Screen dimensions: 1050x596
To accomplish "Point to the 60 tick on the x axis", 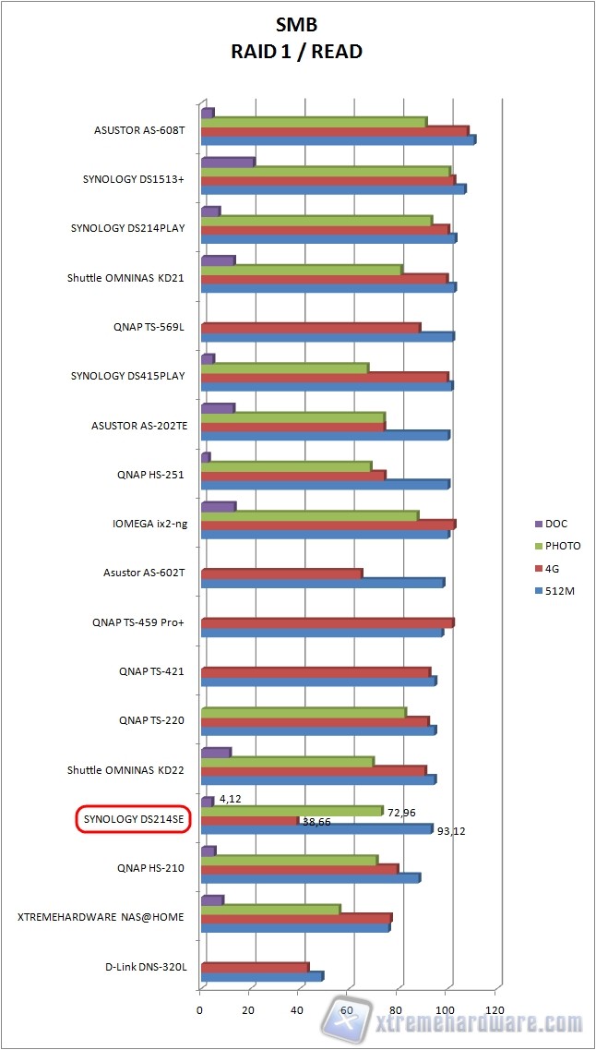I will click(x=348, y=1009).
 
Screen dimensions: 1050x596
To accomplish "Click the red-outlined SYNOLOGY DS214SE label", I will click(x=133, y=819).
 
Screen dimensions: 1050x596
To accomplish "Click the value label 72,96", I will click(x=400, y=812).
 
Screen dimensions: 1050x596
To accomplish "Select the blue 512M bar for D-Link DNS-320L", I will click(x=261, y=976).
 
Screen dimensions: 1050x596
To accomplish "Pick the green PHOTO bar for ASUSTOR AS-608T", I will click(x=314, y=122).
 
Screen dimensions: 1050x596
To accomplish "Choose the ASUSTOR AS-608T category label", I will click(x=139, y=130).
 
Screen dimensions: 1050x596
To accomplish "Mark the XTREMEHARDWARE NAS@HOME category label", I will click(x=101, y=917).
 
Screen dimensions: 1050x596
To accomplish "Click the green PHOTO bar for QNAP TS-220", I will click(x=304, y=713).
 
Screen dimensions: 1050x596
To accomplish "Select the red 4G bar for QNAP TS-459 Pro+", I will click(x=328, y=623).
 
